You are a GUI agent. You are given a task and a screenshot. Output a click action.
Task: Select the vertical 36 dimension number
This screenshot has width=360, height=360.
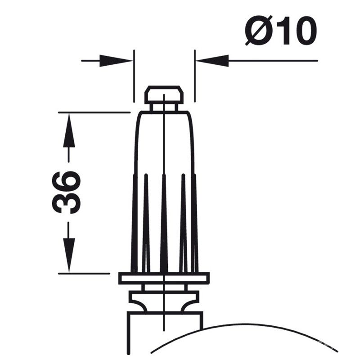[x=67, y=192]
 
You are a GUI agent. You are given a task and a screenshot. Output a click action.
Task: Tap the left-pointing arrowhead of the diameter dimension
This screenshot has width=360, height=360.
[x=212, y=60]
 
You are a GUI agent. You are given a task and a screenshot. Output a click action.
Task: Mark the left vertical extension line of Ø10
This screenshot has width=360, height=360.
[x=134, y=76]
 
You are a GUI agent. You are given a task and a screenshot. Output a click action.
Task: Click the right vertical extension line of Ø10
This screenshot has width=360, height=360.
[x=194, y=76]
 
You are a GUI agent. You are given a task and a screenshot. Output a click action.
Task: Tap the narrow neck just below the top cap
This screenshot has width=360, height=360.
[x=164, y=107]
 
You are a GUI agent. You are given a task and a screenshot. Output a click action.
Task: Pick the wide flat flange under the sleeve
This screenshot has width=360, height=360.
[x=164, y=278]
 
